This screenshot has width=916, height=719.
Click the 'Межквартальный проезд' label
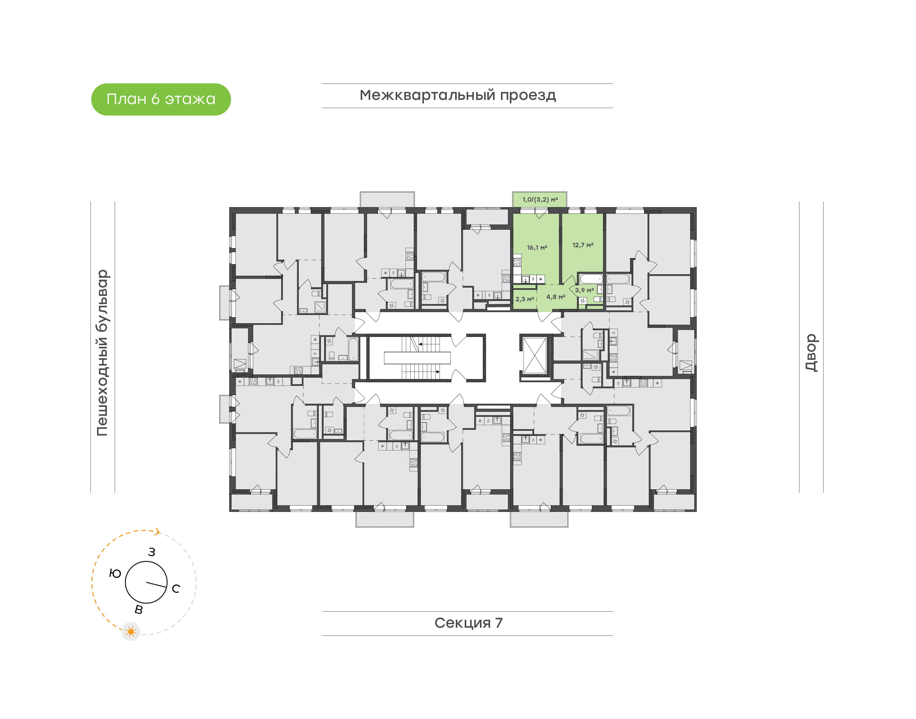pyautogui.click(x=457, y=95)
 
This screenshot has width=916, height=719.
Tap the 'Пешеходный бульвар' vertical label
pyautogui.click(x=102, y=353)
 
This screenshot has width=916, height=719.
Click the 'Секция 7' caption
pyautogui.click(x=468, y=623)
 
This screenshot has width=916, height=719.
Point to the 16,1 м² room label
pyautogui.click(x=537, y=248)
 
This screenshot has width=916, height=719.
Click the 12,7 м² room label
pyautogui.click(x=583, y=245)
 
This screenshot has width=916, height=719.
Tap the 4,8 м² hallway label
pyautogui.click(x=555, y=297)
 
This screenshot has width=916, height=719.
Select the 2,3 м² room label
pyautogui.click(x=525, y=299)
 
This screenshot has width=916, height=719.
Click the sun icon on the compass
pyautogui.click(x=131, y=632)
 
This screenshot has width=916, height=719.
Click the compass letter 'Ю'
pyautogui.click(x=115, y=573)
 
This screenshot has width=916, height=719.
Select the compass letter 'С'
pyautogui.click(x=176, y=589)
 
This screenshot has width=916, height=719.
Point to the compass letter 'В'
pyautogui.click(x=138, y=610)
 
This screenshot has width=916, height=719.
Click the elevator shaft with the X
pyautogui.click(x=534, y=356)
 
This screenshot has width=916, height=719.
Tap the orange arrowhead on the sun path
pyautogui.click(x=158, y=532)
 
